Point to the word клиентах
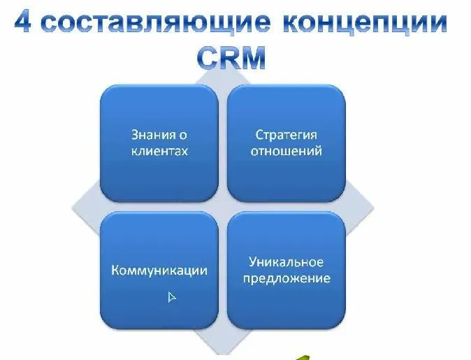[x=159, y=150]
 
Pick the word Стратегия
[x=287, y=134]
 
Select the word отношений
[x=287, y=150]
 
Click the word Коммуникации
[x=159, y=270]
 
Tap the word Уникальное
[x=287, y=262]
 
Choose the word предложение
[x=287, y=278]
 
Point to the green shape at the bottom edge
[x=302, y=356]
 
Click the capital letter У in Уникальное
[x=253, y=262]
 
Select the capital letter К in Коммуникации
[x=115, y=270]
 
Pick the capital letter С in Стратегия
[x=259, y=134]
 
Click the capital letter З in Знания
[x=135, y=134]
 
